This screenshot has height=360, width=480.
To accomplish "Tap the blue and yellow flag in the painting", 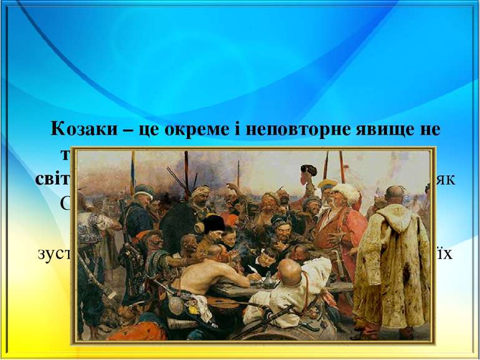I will coord(133,171).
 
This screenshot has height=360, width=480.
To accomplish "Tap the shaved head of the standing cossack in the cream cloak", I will coord(395,194).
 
